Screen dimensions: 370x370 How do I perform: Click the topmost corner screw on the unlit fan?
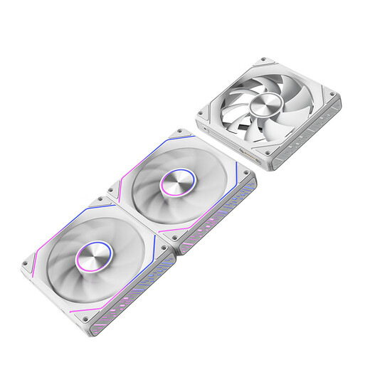point(264,60)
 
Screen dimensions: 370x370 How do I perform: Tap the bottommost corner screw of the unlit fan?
point(267,152)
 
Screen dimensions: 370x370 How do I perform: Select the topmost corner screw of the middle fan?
point(178,132)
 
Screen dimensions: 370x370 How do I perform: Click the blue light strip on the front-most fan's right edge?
point(154,246)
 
